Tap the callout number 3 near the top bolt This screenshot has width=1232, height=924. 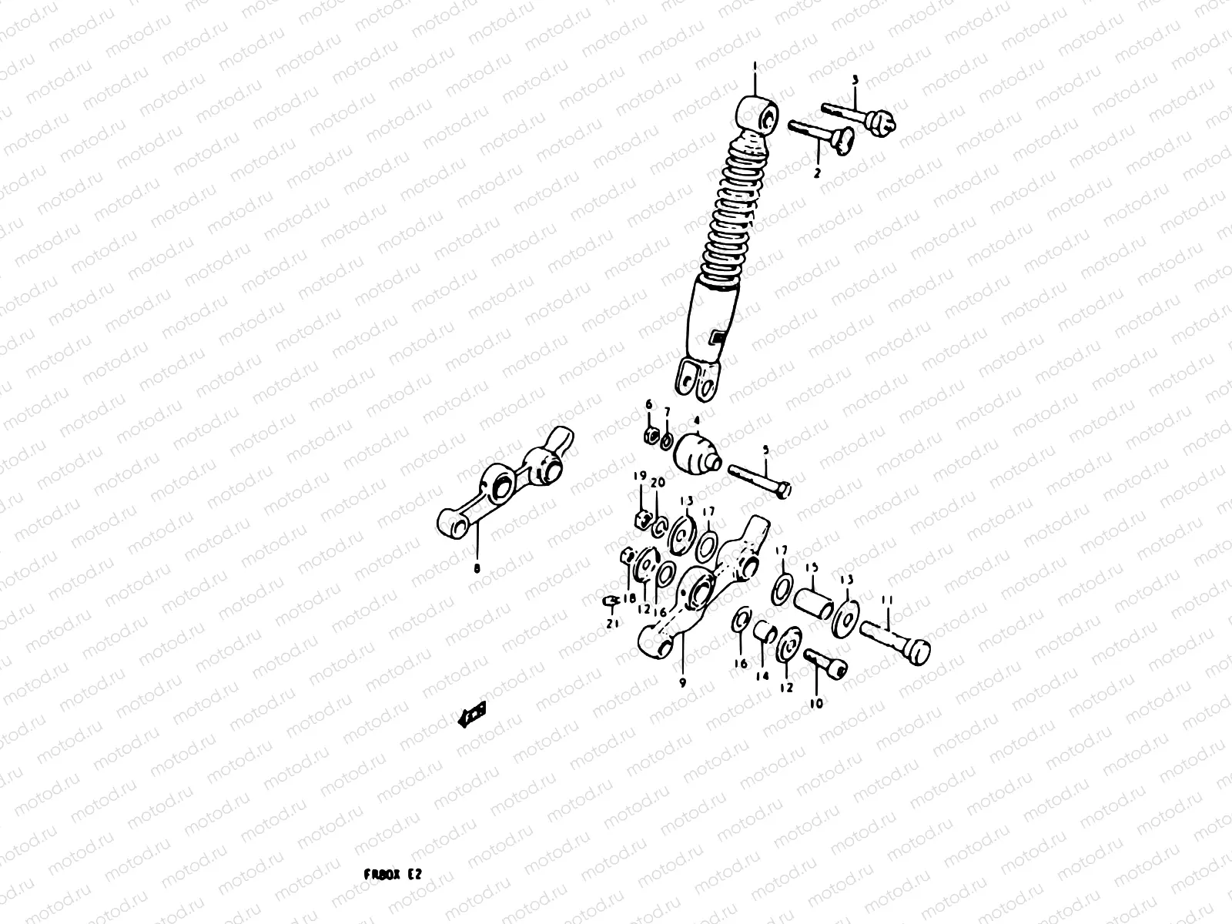pyautogui.click(x=854, y=80)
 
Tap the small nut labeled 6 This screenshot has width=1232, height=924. pyautogui.click(x=649, y=437)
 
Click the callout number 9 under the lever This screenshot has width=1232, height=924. pyautogui.click(x=682, y=681)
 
